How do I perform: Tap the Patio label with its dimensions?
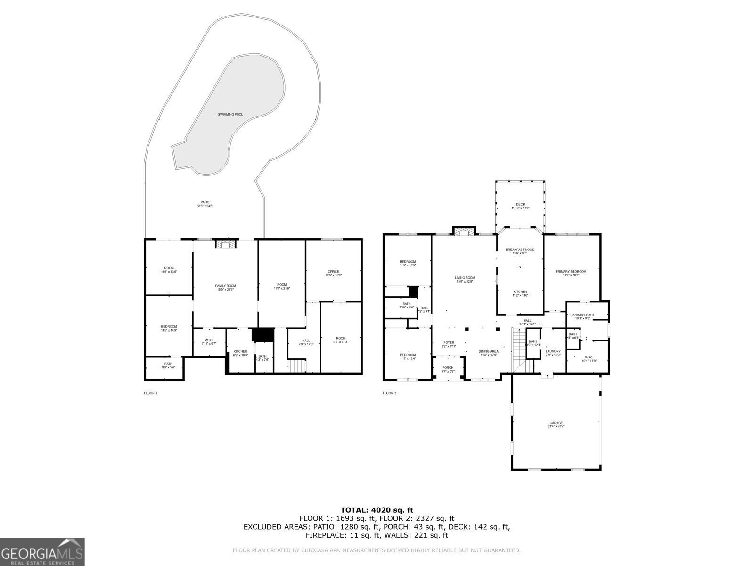point(203,204)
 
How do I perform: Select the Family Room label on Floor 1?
point(225,288)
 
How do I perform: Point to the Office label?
point(333,273)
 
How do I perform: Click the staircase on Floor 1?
point(297,366)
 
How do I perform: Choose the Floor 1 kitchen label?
point(240,353)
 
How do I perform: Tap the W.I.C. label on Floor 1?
point(208,341)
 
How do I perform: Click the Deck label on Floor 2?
point(520,206)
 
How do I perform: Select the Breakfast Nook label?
point(520,251)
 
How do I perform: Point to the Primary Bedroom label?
point(571,273)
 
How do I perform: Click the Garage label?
point(556,424)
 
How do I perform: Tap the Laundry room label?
point(553,353)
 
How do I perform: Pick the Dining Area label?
point(488,353)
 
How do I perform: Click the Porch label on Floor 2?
point(447,369)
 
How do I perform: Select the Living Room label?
point(465,280)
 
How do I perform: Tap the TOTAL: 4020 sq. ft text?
point(377,510)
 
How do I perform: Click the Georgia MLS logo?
point(42,552)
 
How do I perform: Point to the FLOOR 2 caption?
point(389,393)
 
